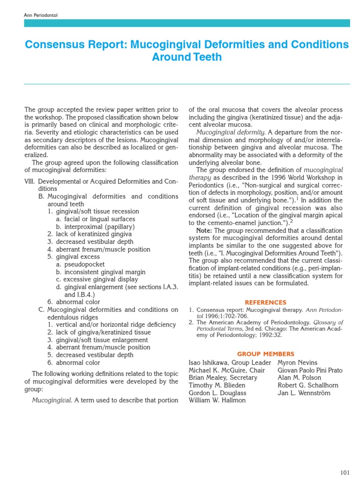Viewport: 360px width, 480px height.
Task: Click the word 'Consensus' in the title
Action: tap(52, 45)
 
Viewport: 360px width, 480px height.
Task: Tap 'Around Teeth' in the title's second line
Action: tap(186, 57)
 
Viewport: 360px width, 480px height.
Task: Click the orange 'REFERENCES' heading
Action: tap(265, 302)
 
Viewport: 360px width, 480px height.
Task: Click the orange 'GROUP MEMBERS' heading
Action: tap(265, 354)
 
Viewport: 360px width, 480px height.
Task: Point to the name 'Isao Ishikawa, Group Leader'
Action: tap(230, 363)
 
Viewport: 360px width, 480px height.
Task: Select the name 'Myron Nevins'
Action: tap(297, 363)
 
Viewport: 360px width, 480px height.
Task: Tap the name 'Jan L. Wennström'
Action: tap(304, 393)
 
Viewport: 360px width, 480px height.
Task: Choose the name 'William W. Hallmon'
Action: tap(217, 400)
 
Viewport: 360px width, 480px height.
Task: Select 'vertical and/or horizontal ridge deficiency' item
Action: tap(111, 325)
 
